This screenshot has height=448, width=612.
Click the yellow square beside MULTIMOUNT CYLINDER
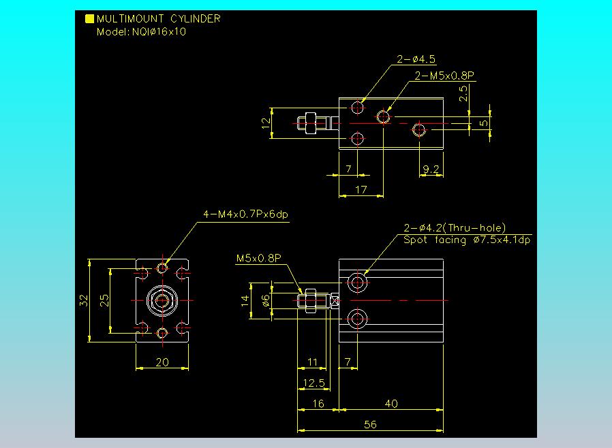click(89, 19)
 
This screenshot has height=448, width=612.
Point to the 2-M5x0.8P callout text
click(444, 76)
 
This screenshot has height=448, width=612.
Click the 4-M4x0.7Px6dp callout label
click(246, 214)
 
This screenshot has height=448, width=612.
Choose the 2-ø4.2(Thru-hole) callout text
click(455, 228)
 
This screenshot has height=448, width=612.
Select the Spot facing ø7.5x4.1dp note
click(467, 240)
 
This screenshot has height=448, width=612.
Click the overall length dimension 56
click(370, 423)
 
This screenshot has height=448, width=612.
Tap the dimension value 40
click(391, 404)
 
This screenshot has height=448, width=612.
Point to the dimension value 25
click(105, 300)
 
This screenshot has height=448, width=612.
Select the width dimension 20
click(162, 362)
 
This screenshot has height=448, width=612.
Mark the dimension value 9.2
click(431, 170)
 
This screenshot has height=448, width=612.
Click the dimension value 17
click(361, 190)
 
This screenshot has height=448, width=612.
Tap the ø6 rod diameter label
click(266, 300)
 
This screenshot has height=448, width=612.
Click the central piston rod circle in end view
click(162, 300)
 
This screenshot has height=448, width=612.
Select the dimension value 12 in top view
click(266, 123)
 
